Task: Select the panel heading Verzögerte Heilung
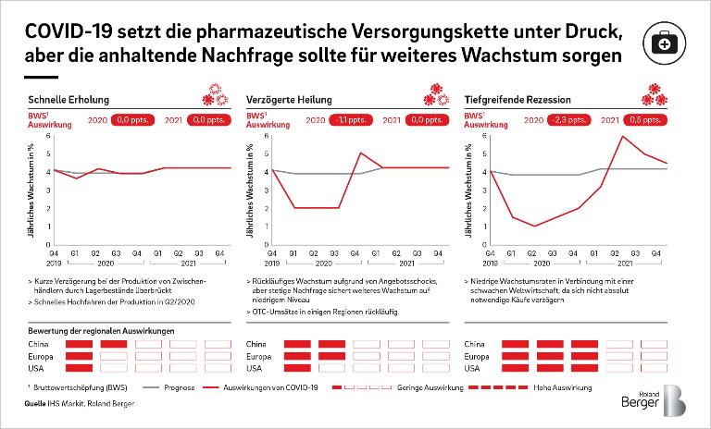(289, 100)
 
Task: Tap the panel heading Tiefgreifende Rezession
(517, 100)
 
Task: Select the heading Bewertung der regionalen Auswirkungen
(102, 330)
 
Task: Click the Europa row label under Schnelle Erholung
(42, 356)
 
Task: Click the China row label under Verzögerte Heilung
(258, 344)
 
